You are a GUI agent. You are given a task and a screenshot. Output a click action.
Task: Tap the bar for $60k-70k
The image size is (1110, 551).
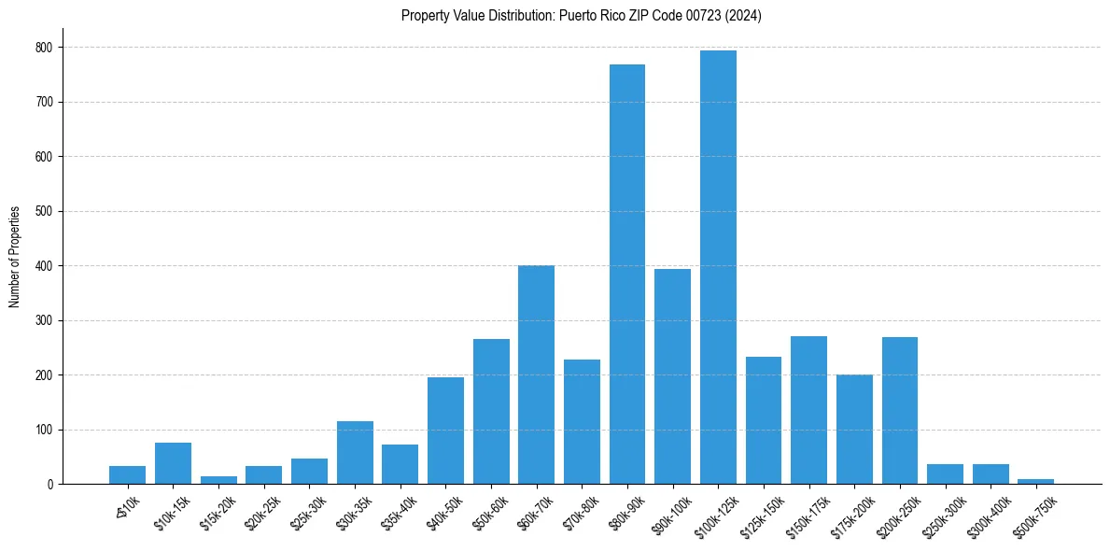[x=537, y=374]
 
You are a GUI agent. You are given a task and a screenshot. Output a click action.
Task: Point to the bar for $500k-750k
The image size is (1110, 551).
[x=1036, y=481]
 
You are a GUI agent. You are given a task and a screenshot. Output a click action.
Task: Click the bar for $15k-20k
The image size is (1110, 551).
[x=219, y=480]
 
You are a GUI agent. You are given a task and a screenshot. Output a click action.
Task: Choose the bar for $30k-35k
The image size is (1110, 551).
[x=355, y=453]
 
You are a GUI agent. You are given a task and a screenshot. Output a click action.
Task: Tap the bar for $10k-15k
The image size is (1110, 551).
[x=174, y=463]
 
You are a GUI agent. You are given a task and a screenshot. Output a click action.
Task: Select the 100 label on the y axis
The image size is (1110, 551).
[x=44, y=430]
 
